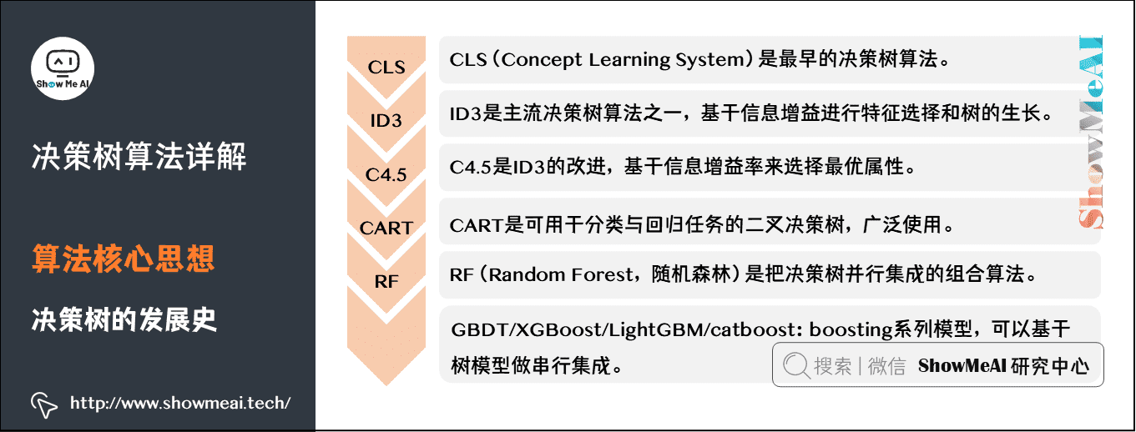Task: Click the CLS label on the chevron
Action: pyautogui.click(x=386, y=67)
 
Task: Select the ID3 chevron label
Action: pyautogui.click(x=386, y=121)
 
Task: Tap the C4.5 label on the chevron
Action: pyautogui.click(x=386, y=174)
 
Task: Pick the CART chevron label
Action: pyautogui.click(x=386, y=228)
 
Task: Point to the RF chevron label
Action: pyautogui.click(x=386, y=281)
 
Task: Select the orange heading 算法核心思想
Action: pyautogui.click(x=124, y=259)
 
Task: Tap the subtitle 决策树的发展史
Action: pyautogui.click(x=124, y=319)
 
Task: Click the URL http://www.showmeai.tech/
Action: pyautogui.click(x=179, y=404)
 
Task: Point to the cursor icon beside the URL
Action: pyautogui.click(x=45, y=404)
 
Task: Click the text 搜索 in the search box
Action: pyautogui.click(x=833, y=366)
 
